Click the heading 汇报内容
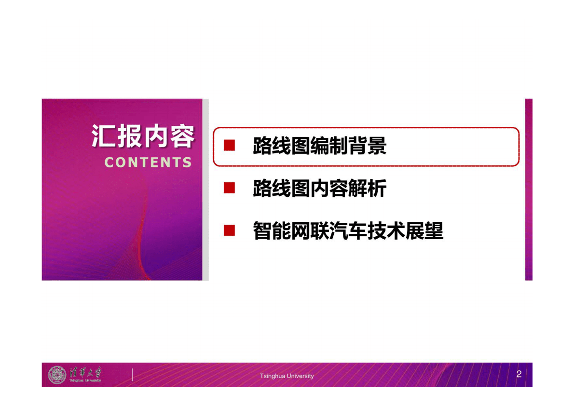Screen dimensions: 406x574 pos(143,136)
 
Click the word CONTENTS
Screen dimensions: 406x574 pos(148,162)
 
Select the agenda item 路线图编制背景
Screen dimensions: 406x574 pos(319,146)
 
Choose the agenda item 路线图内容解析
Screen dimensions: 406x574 pos(319,189)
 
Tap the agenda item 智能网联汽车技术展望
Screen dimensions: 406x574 pos(348,231)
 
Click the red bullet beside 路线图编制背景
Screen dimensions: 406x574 pos(229,146)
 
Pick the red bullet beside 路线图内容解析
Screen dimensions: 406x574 pos(229,188)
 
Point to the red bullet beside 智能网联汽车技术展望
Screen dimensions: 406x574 pos(229,231)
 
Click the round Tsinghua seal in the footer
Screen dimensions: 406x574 pos(57,375)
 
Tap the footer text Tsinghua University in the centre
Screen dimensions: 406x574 pos(287,376)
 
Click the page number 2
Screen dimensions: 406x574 pos(519,374)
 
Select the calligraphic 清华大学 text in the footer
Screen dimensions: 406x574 pos(85,372)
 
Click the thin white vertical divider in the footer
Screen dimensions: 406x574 pos(132,375)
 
